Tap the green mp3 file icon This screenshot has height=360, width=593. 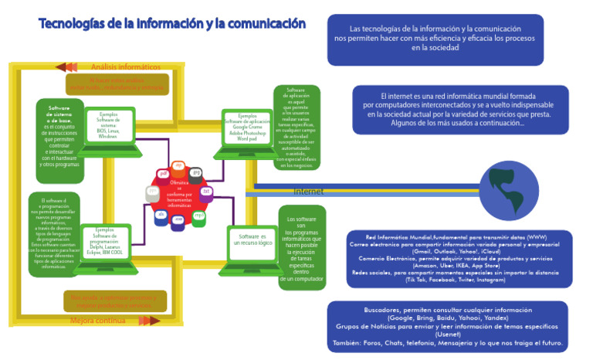point(198,216)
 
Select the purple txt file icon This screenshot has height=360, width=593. point(205,191)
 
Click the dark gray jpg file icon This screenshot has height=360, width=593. point(196,172)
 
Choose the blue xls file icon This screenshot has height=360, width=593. point(161,216)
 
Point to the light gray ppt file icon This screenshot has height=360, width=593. point(152,192)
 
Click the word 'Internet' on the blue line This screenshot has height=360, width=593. point(308,192)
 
